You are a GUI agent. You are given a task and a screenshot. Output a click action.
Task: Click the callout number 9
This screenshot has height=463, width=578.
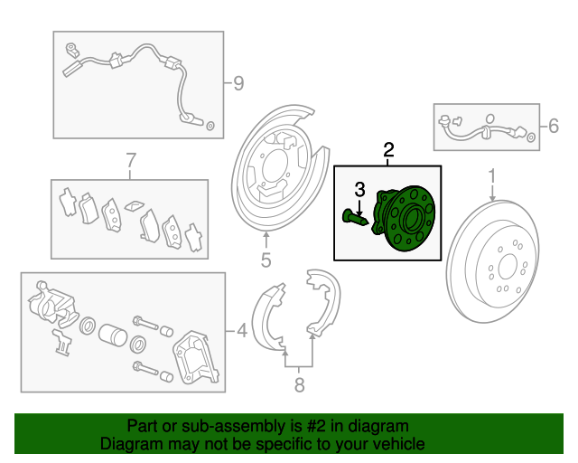(x=238, y=83)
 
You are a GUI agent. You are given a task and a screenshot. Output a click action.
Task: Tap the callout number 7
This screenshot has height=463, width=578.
(x=131, y=161)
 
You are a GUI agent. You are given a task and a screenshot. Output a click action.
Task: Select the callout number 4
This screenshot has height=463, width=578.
(x=242, y=330)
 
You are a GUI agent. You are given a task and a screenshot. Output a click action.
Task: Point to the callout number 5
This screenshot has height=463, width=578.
(x=266, y=260)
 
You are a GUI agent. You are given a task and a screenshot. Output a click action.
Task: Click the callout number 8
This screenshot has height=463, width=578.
(x=299, y=385)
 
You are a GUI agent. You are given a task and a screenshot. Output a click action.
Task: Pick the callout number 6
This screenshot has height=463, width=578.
(x=554, y=126)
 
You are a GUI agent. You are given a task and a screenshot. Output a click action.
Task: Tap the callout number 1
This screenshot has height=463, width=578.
(x=492, y=176)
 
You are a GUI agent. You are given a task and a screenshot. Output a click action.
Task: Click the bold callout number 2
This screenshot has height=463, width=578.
(x=388, y=150)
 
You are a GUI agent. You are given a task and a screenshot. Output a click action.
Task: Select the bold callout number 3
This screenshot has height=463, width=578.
(x=359, y=189)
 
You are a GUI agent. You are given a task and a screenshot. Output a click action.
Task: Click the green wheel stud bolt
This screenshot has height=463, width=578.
(x=355, y=218)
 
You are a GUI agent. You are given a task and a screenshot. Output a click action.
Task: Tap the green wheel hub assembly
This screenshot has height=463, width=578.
(x=405, y=219)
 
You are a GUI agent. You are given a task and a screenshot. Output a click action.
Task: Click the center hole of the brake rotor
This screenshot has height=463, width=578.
(x=508, y=267)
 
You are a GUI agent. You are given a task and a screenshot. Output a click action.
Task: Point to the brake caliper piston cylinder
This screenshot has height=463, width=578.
(x=113, y=335)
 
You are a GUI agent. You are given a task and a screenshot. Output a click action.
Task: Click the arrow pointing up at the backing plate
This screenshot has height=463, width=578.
(x=266, y=239)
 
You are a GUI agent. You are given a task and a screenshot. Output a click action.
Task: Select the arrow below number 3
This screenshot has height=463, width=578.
(x=359, y=206)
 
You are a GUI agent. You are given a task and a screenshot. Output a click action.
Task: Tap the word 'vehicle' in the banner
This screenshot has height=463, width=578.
(x=400, y=443)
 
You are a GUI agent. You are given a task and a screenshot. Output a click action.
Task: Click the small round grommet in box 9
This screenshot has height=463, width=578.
(x=210, y=126)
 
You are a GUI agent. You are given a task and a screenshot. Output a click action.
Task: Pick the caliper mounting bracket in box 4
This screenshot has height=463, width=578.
(x=195, y=357)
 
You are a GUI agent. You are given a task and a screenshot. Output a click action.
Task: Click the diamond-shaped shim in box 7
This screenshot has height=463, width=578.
(x=135, y=205)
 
